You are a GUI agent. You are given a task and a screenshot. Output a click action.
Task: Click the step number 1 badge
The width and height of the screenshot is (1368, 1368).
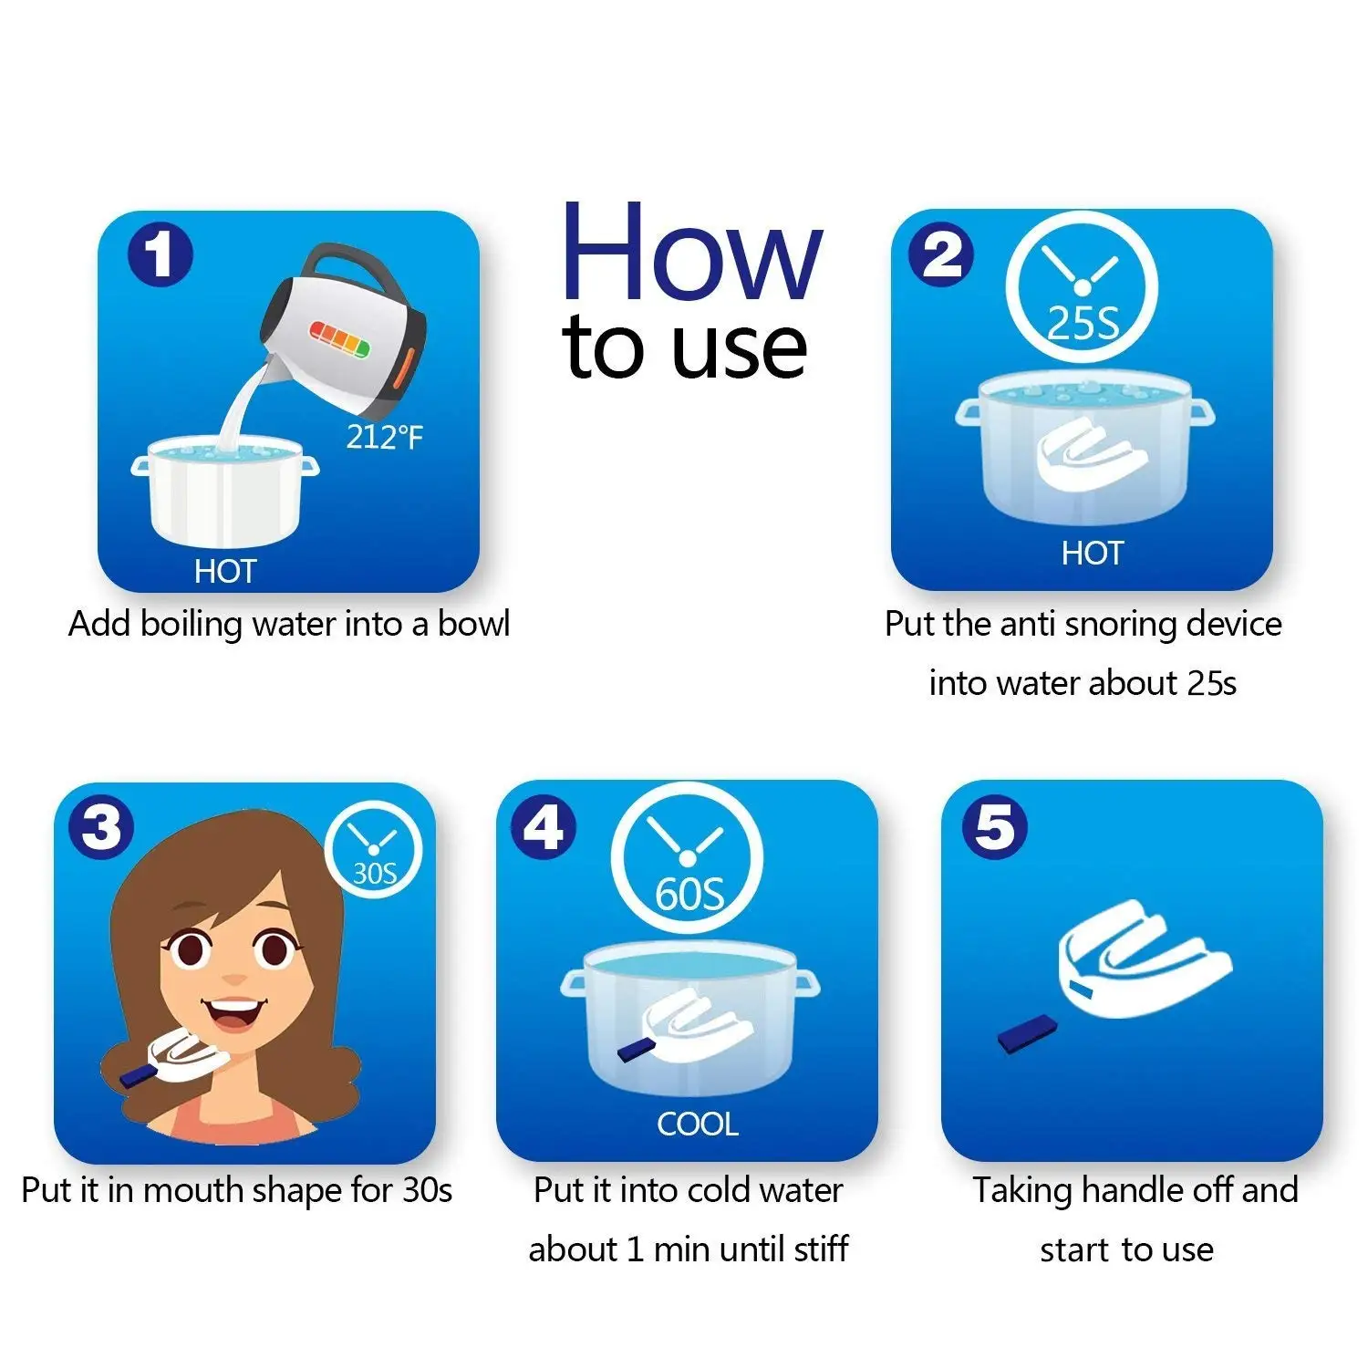click(x=161, y=254)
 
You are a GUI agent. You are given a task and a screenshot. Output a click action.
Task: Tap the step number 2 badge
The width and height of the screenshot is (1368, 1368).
click(x=941, y=254)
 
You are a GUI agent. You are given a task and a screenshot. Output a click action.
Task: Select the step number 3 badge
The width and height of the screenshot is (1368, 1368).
click(x=101, y=826)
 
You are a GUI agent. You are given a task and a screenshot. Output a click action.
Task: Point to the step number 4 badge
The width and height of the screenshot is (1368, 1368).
click(x=544, y=826)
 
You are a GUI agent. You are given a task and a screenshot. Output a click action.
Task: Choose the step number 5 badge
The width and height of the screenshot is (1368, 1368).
click(x=994, y=826)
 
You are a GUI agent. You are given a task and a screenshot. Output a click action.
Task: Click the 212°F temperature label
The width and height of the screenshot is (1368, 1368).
click(x=385, y=438)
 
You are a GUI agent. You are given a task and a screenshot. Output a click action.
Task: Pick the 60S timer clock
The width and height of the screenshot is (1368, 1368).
click(x=687, y=859)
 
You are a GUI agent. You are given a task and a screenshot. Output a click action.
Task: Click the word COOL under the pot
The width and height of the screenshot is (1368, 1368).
click(x=698, y=1124)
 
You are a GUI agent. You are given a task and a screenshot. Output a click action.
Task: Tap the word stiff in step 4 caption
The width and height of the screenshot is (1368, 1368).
click(x=823, y=1248)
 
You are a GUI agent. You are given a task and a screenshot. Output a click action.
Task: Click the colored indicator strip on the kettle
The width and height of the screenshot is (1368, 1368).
click(x=340, y=337)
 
